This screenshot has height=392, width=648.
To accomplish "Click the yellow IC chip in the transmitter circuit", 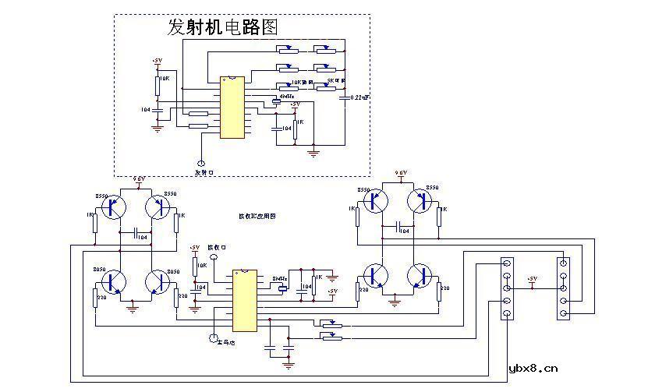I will (231, 107).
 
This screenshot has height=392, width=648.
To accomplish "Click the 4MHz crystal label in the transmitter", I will (285, 97).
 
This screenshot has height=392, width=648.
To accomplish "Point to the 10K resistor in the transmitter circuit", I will (158, 81).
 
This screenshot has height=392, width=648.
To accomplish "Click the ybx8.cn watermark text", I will (533, 369).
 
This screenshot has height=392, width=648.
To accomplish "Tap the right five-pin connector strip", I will (564, 288).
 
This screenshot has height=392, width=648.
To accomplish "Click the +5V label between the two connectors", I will (533, 278).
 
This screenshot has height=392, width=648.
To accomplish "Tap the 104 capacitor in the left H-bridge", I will (136, 234).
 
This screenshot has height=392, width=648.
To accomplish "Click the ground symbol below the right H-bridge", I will (396, 297).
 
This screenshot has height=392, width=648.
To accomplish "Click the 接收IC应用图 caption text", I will (257, 216).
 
